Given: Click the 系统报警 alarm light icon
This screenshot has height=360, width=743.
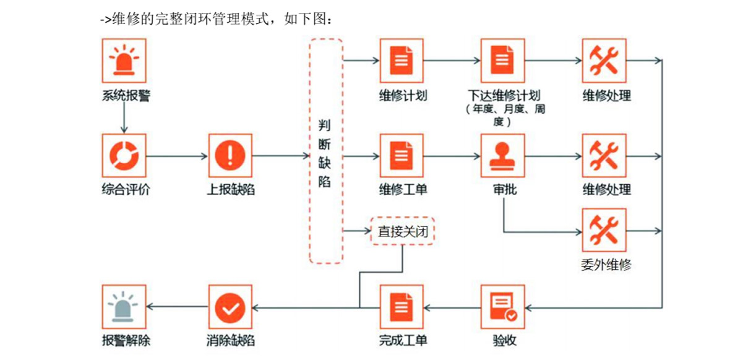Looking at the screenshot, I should coord(124,61).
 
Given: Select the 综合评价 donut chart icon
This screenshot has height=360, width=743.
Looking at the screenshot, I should coord(124,156).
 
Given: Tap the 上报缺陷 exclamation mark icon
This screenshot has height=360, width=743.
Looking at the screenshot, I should coord(230,156).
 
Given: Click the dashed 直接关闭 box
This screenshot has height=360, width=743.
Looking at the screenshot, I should coord(403,232).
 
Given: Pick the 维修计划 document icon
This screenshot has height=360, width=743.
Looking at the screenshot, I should coord(402,61).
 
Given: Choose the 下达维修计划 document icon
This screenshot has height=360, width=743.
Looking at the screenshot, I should coord(502,61).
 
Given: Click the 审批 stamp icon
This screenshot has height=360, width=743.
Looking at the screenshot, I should coord(502,156).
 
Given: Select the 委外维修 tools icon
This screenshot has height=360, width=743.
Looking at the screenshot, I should coord(604,230).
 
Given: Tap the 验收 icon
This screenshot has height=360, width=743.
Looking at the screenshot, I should coord(502,307).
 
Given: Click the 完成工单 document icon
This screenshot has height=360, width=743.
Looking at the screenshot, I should coord(402,307).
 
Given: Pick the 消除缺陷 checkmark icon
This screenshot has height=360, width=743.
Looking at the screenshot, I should coord(230,307).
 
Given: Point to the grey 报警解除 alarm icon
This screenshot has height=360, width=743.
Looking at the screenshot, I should coord(124,307).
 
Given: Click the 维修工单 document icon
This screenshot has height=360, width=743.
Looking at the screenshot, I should coord(402,156).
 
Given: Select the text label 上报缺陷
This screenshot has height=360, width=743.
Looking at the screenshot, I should coord(230,190).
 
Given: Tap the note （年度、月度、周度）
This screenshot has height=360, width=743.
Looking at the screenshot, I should coord(505,116).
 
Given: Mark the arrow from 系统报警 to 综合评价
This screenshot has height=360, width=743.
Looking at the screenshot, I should coord(124,118).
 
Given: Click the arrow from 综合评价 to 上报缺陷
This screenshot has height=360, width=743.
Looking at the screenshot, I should coord(177,156).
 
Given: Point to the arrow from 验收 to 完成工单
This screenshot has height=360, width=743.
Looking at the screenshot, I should coord(452,307).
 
